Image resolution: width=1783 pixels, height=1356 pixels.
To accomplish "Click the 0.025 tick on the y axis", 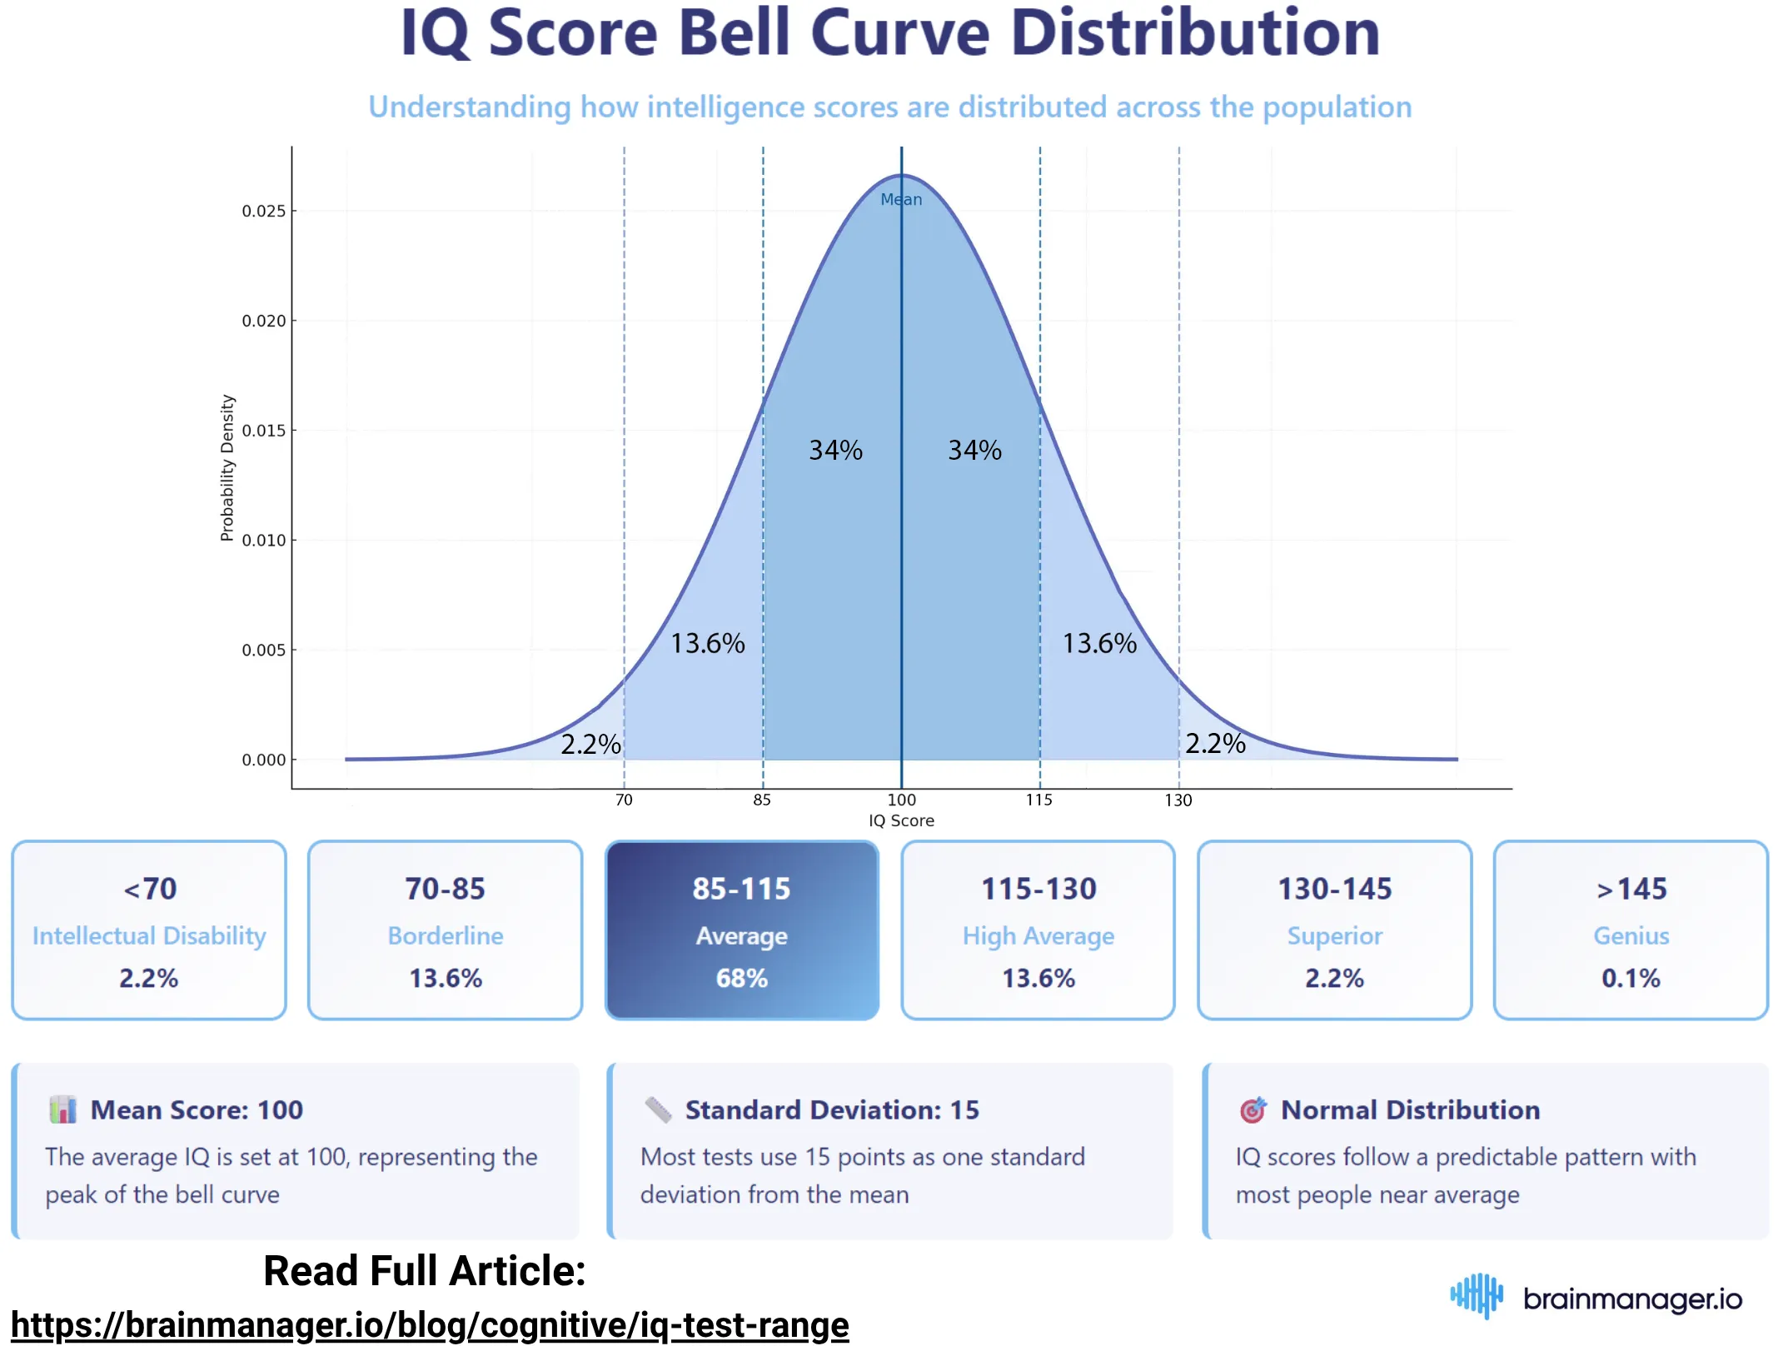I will (x=263, y=211).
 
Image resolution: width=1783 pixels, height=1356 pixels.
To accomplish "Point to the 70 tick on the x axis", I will (x=624, y=800).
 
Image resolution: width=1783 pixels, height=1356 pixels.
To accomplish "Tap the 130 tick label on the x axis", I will (x=1178, y=800).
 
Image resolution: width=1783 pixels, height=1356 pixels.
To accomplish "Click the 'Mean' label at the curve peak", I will (x=901, y=199).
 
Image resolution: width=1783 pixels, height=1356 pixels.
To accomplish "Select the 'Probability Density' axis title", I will (x=227, y=467).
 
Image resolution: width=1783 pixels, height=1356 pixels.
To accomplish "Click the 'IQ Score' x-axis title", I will (x=901, y=820).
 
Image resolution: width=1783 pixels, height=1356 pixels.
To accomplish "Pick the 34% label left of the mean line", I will (x=835, y=450).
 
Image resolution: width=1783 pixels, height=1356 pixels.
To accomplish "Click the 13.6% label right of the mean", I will (x=1098, y=643).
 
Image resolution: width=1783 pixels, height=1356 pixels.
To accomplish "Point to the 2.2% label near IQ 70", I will (x=590, y=744).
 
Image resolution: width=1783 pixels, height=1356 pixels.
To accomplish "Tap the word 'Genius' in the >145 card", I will (x=1631, y=935).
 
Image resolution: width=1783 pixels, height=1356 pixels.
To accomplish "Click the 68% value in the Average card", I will (x=741, y=977).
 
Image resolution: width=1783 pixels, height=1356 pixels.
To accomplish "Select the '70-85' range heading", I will (x=445, y=889).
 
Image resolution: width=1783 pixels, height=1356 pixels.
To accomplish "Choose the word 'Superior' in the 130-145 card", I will (x=1334, y=935).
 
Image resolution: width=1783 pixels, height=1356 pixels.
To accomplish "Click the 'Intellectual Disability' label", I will (x=149, y=935).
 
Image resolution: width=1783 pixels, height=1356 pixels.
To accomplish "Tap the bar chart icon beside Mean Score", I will (x=62, y=1109).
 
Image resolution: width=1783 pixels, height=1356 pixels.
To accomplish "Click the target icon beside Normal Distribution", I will (x=1253, y=1109).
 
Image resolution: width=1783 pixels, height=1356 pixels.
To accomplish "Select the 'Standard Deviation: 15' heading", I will (x=832, y=1109).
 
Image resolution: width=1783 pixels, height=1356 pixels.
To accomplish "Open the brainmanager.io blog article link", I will (x=430, y=1324).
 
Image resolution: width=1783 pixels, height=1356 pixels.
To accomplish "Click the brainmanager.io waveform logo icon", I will (x=1476, y=1295).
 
